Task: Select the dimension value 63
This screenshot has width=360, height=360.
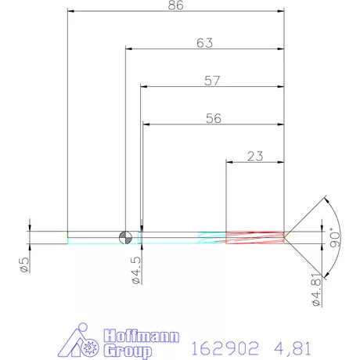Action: click(x=205, y=44)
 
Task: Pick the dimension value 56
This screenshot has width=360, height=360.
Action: click(x=212, y=118)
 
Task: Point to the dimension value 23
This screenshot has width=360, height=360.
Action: click(x=254, y=156)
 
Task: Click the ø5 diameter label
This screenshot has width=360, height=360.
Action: click(x=24, y=264)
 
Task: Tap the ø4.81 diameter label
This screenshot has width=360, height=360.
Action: click(x=317, y=290)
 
